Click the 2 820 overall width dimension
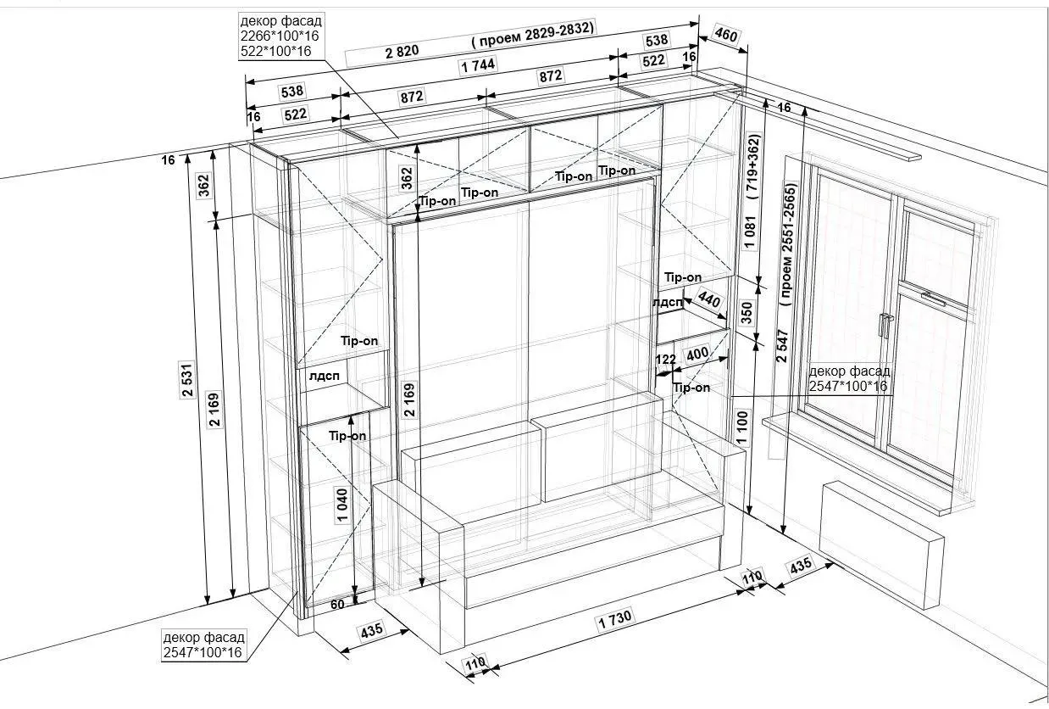pos(402,51)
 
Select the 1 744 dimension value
pos(478,65)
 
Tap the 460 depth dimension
pos(726,35)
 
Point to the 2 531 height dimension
pos(187,380)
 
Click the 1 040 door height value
pos(342,505)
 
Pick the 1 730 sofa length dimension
pos(615,619)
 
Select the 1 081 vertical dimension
pos(750,232)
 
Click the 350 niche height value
pos(747,313)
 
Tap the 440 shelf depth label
pos(709,299)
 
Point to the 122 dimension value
pos(665,360)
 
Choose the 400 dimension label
pos(697,354)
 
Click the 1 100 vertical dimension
pos(742,427)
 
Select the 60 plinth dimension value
pos(337,605)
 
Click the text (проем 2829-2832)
pos(533,34)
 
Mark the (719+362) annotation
pos(753,167)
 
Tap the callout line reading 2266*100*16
pos(280,36)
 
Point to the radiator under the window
pos(881,545)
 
